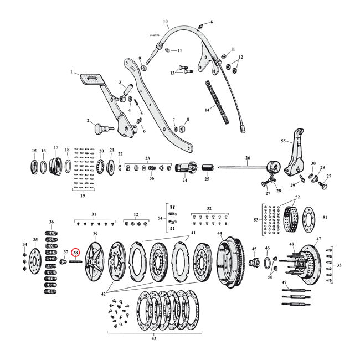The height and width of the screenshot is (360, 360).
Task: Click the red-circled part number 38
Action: [75, 253]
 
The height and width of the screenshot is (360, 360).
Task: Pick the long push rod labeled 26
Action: [244, 168]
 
